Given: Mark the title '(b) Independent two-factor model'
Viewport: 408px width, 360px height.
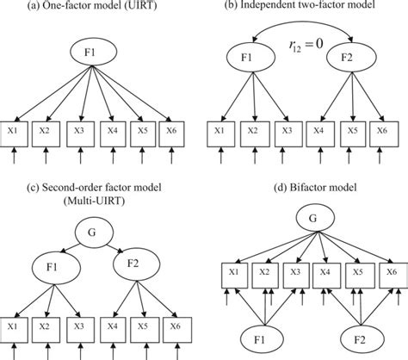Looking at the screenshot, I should (x=308, y=7).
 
